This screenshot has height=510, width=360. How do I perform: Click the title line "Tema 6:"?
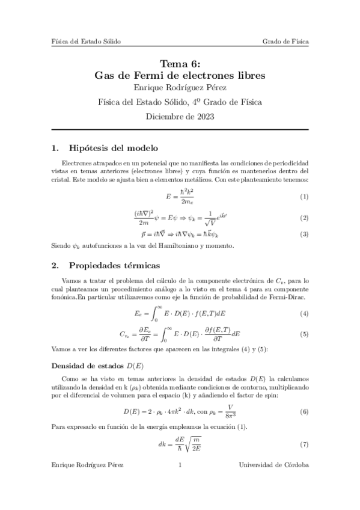pyautogui.click(x=180, y=64)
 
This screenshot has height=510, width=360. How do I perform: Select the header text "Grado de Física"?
pyautogui.click(x=285, y=41)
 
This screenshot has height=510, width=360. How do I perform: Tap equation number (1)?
pyautogui.click(x=304, y=197)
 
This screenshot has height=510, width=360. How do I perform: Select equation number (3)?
pyautogui.click(x=304, y=234)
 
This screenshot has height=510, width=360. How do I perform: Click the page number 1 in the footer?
pyautogui.click(x=180, y=482)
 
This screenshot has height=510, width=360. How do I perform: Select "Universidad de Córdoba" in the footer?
pyautogui.click(x=274, y=482)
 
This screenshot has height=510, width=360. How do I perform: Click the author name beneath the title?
pyautogui.click(x=180, y=90)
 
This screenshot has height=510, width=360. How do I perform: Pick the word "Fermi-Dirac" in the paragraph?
pyautogui.click(x=287, y=298)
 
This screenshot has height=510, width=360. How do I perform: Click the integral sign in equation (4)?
pyautogui.click(x=156, y=313)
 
